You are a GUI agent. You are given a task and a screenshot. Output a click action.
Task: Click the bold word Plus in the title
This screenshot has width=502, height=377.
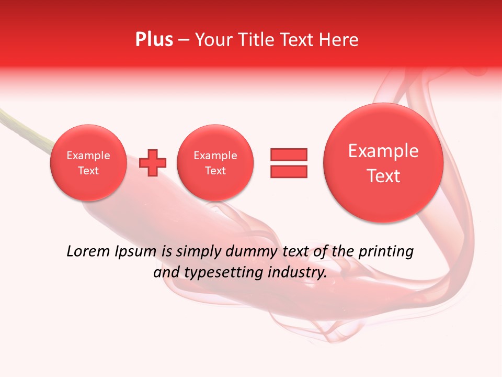[154, 40]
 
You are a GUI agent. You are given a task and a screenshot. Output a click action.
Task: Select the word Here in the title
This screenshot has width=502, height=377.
[339, 40]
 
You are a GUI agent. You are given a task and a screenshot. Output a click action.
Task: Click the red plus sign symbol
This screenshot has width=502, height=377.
[153, 163]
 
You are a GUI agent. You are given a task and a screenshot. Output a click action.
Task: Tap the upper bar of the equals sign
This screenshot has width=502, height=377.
[289, 154]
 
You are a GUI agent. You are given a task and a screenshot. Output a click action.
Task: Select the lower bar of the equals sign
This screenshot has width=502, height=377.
[289, 172]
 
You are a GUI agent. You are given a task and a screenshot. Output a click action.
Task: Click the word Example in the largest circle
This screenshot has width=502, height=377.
[383, 151]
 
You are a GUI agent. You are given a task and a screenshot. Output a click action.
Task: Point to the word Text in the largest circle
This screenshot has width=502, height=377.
[383, 176]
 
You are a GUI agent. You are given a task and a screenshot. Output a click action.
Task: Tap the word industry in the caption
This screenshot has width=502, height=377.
[300, 273]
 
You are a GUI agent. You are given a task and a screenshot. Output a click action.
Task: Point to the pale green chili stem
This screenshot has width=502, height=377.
[26, 126]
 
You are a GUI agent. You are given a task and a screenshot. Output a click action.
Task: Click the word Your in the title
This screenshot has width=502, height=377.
[212, 40]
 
